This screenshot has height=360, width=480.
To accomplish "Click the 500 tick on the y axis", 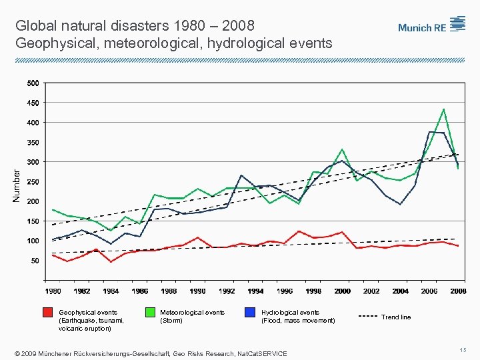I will [x=33, y=83].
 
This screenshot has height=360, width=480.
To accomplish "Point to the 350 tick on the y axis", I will [x=33, y=142].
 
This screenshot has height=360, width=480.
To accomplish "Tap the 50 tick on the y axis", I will [x=35, y=261].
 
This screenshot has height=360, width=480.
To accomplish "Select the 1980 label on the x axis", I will [x=53, y=291].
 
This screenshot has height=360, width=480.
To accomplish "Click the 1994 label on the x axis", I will [x=255, y=291].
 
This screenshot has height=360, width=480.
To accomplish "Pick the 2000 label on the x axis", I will [x=342, y=291].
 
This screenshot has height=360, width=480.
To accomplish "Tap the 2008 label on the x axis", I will [x=458, y=291].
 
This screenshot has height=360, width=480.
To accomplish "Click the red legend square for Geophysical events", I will [x=47, y=313].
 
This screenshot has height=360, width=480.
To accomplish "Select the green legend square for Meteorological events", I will [x=149, y=313].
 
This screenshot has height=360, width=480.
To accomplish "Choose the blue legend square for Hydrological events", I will [x=250, y=313].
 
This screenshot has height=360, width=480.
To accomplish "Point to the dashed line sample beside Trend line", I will [x=366, y=317].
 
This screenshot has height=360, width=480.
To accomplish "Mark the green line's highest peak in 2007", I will [x=443, y=109].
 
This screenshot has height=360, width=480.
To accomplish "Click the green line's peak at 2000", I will [x=342, y=149].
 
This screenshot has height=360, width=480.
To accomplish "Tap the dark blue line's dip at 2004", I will [x=400, y=204].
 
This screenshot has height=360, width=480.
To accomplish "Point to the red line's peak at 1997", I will [x=299, y=231].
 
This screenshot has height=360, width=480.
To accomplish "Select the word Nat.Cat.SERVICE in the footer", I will [x=262, y=353].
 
